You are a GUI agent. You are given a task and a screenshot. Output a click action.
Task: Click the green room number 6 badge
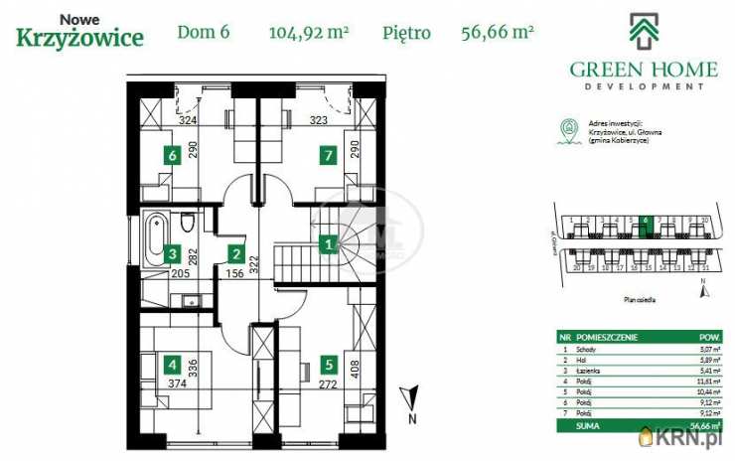click(x=172, y=155)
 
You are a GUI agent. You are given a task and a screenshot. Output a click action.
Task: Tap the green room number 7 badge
click(x=327, y=155)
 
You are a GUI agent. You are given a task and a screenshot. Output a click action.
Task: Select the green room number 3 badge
click(x=171, y=254)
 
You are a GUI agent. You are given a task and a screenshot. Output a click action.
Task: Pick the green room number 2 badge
click(x=235, y=254)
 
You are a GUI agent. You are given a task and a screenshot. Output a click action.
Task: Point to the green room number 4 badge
click(x=172, y=364)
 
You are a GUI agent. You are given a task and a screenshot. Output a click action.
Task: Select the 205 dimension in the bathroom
click(x=180, y=274)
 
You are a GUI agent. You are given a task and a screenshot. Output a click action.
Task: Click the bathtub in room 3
click(x=157, y=238)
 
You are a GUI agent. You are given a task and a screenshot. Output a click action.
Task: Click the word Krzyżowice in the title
click(x=79, y=38)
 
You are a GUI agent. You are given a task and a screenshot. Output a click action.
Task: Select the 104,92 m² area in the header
click(x=308, y=32)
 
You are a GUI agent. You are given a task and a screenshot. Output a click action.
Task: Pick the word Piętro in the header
click(x=406, y=32)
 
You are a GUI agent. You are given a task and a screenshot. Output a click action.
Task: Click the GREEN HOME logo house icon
click(x=643, y=30)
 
